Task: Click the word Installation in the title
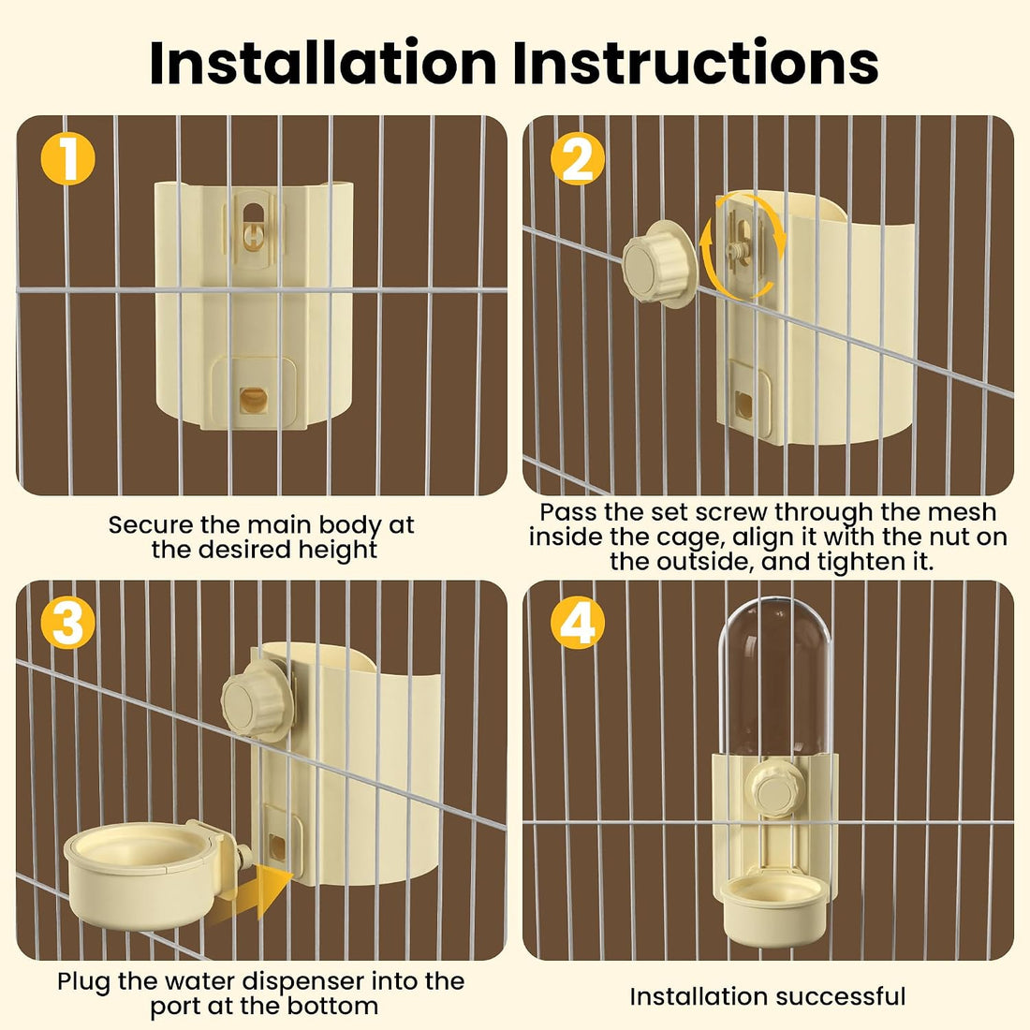(x=322, y=63)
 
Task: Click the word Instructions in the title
(x=696, y=63)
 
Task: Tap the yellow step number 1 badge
(x=67, y=158)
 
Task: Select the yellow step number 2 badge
(x=578, y=158)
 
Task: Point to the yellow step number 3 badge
(x=67, y=622)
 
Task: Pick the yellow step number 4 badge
(x=578, y=622)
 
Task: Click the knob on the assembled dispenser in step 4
(x=774, y=787)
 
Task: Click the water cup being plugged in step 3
(x=148, y=874)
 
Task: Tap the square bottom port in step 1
(x=253, y=400)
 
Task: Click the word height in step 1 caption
(x=338, y=549)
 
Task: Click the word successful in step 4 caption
(x=834, y=996)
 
